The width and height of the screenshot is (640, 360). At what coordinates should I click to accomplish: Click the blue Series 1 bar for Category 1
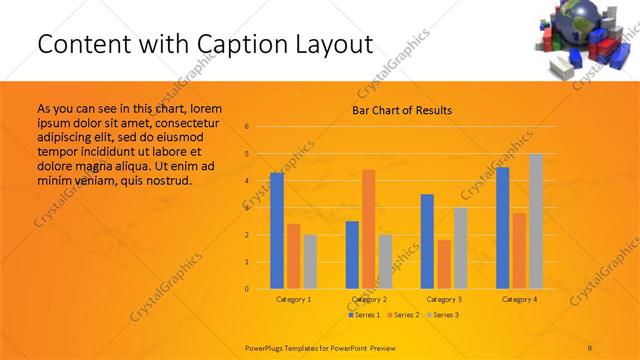pos(277,231)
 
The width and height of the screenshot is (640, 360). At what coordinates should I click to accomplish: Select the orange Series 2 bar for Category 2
pos(369,229)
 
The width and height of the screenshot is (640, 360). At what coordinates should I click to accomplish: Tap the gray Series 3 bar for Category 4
pos(536,221)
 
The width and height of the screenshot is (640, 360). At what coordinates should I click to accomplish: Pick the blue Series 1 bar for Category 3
pos(427,241)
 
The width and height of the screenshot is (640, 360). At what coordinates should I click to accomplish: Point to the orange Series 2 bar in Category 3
pos(444,264)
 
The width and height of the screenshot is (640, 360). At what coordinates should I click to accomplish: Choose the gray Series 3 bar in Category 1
pos(310,262)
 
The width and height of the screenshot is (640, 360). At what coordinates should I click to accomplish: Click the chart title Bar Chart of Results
pos(402,110)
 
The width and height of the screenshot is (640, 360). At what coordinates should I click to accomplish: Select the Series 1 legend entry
pos(364,315)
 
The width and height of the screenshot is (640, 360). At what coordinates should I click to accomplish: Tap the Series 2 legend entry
pos(402,315)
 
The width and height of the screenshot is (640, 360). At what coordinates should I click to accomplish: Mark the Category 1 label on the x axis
pos(294,299)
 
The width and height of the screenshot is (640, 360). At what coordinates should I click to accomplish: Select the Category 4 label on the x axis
pos(519,299)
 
